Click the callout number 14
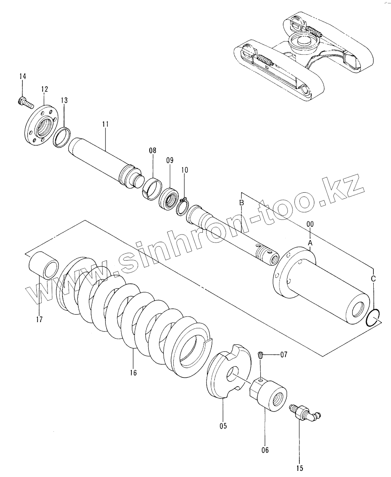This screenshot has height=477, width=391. [23, 77]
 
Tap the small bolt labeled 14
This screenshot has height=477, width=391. [25, 103]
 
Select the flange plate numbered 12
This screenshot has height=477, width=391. [41, 125]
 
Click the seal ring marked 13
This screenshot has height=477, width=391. [62, 138]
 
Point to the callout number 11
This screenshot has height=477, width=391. [105, 124]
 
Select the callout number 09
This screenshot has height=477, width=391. [170, 161]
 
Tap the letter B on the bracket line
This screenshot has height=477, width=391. [242, 203]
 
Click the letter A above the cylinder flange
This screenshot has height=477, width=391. [310, 243]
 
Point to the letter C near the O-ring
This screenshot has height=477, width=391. [373, 279]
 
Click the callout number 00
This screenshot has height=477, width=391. [310, 224]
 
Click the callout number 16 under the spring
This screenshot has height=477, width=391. [133, 373]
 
